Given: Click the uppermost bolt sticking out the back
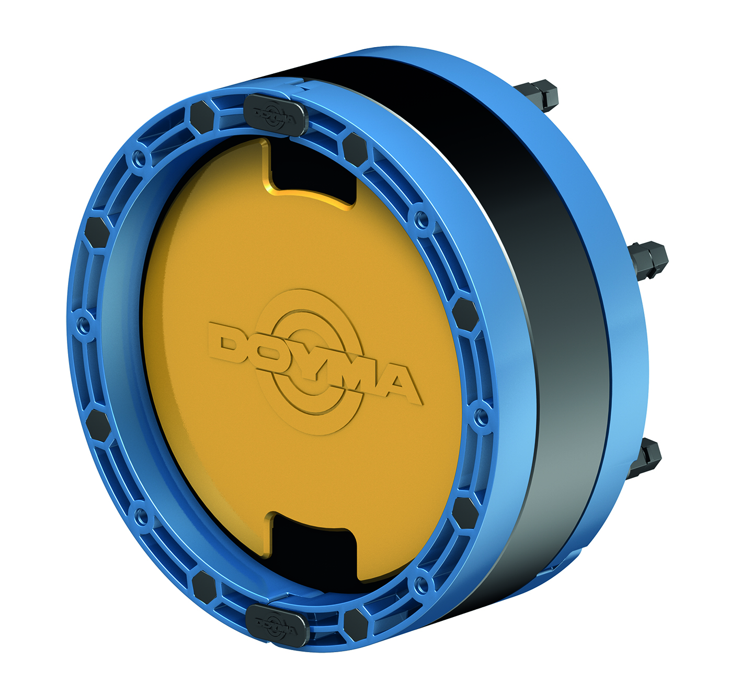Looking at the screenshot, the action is (537, 96).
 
